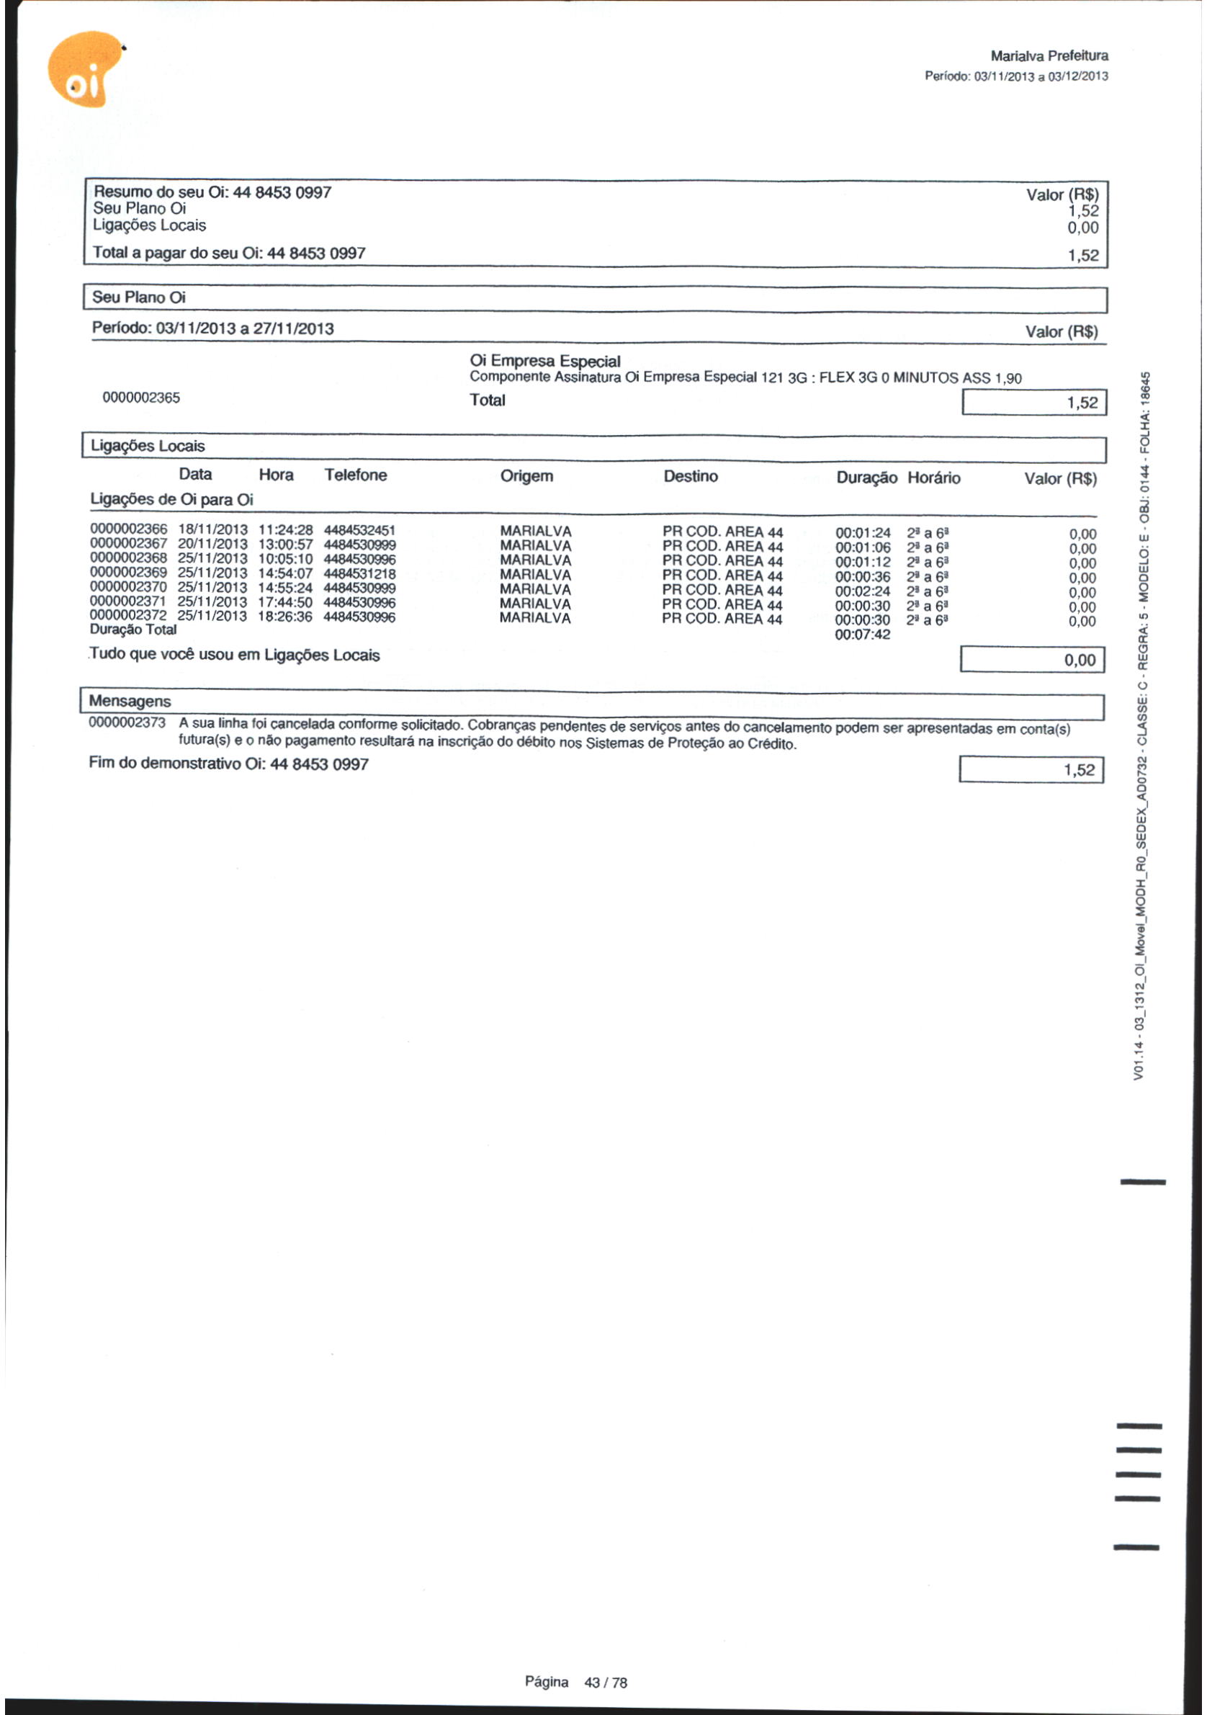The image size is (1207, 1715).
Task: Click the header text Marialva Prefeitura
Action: pyautogui.click(x=1049, y=56)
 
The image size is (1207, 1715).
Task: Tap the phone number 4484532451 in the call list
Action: pyautogui.click(x=359, y=530)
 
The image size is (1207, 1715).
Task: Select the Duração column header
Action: pyautogui.click(x=866, y=478)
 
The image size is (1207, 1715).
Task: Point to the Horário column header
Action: pyautogui.click(x=933, y=478)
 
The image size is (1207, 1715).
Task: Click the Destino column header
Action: pyautogui.click(x=690, y=477)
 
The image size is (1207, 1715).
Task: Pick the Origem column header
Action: pyautogui.click(x=526, y=477)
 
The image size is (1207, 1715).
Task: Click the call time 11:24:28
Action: pyautogui.click(x=285, y=530)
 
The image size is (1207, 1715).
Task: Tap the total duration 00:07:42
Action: pyautogui.click(x=863, y=635)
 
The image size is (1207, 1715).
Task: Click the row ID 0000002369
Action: pyautogui.click(x=128, y=573)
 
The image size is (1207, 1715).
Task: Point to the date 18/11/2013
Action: pyautogui.click(x=212, y=530)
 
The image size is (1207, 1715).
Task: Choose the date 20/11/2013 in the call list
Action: pyautogui.click(x=212, y=545)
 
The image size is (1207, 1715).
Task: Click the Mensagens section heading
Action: pyautogui.click(x=130, y=702)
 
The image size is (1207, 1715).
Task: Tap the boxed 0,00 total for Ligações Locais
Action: pyautogui.click(x=1031, y=661)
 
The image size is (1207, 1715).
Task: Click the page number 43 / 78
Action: pyautogui.click(x=606, y=1683)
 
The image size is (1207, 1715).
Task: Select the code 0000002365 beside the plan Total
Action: pyautogui.click(x=141, y=398)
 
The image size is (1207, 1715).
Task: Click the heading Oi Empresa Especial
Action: pyautogui.click(x=545, y=362)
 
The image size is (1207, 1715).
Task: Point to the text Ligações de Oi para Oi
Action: pyautogui.click(x=172, y=500)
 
